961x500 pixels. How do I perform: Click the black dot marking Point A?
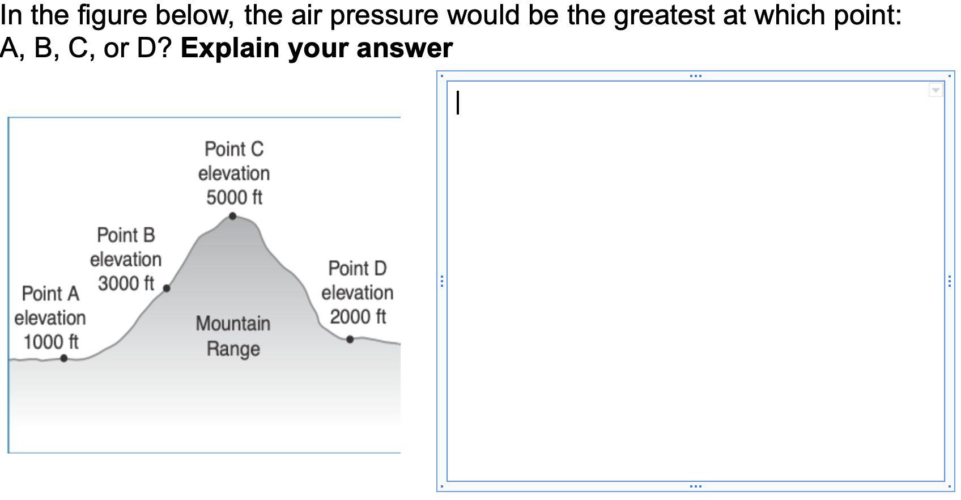tap(64, 358)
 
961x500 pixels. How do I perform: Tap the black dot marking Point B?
tap(167, 289)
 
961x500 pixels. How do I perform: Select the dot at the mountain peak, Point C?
tap(232, 216)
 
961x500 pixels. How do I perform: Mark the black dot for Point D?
tap(350, 340)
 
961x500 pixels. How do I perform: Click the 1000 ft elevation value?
tap(51, 342)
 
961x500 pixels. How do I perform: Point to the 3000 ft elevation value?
tap(126, 283)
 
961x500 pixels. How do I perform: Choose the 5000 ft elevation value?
tap(234, 197)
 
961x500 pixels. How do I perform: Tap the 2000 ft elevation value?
tap(358, 317)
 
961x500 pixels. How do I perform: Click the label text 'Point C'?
tap(234, 149)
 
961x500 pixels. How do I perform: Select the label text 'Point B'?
tap(126, 235)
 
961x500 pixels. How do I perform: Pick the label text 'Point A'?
tap(50, 294)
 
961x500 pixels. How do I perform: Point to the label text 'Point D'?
tap(358, 268)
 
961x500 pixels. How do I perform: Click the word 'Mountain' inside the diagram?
tap(233, 323)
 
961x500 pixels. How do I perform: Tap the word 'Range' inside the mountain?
tap(233, 349)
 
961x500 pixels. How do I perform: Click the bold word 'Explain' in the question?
tap(231, 48)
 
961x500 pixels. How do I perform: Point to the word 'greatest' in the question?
tap(664, 16)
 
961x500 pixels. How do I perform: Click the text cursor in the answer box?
tap(458, 103)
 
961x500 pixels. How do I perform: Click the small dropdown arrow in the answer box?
tap(936, 90)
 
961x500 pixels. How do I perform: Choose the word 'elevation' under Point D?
tap(358, 293)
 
